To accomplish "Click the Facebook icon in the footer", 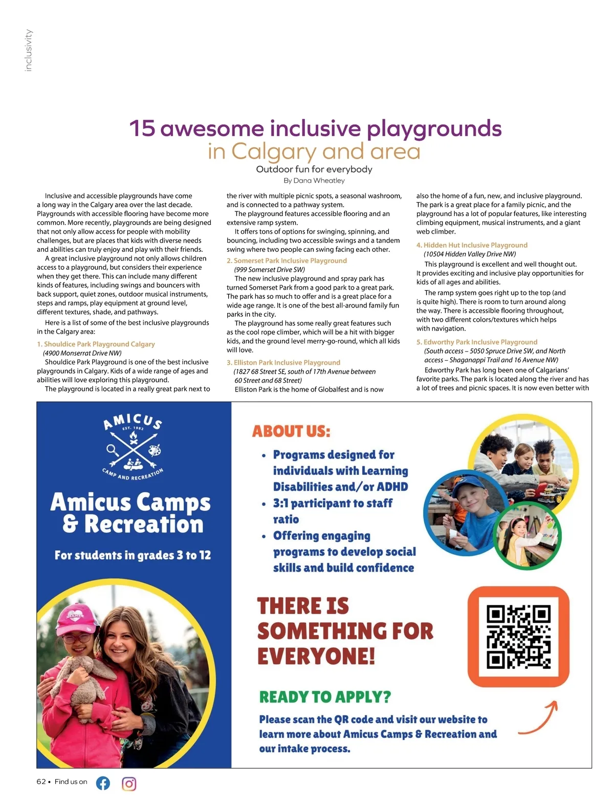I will (103, 783).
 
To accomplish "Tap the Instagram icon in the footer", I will (129, 784).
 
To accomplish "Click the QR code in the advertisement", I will (518, 637).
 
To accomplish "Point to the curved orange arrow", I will (538, 719).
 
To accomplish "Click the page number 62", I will (41, 781).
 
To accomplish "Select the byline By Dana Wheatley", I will (314, 181).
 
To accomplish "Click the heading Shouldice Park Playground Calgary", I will (96, 344).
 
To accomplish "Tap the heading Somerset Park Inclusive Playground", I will (287, 260).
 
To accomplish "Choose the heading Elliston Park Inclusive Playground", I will (283, 362).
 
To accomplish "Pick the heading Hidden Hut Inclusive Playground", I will (472, 245).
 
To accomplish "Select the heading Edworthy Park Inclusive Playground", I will (477, 342).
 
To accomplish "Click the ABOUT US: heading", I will (291, 431).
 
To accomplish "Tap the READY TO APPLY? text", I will (325, 697).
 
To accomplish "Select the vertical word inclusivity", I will (29, 50).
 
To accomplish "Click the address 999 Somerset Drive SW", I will (270, 270).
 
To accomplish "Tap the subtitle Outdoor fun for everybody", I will (314, 169).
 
